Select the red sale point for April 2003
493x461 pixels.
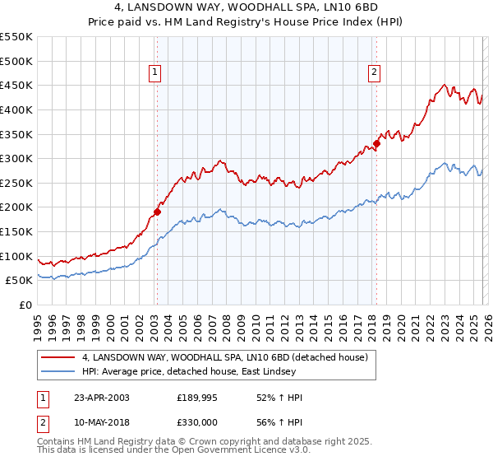(157, 212)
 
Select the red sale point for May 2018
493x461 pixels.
(376, 143)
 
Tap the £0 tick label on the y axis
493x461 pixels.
(25, 305)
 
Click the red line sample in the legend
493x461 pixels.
(58, 357)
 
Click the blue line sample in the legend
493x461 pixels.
(58, 371)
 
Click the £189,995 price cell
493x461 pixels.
(196, 398)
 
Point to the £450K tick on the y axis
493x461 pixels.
(16, 85)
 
